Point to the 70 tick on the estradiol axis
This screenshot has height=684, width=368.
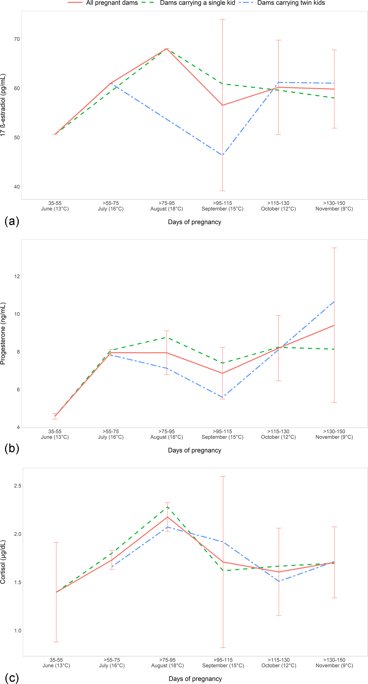click(17, 39)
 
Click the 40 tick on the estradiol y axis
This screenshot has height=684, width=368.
click(17, 187)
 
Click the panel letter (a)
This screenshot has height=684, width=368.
click(12, 221)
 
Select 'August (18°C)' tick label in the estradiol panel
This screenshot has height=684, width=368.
click(166, 209)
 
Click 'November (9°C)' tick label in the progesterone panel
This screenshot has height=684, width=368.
click(334, 437)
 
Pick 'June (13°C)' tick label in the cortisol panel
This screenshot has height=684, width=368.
click(56, 665)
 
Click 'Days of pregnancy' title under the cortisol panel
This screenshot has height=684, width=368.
click(195, 679)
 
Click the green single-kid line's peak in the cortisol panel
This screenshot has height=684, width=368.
click(167, 507)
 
